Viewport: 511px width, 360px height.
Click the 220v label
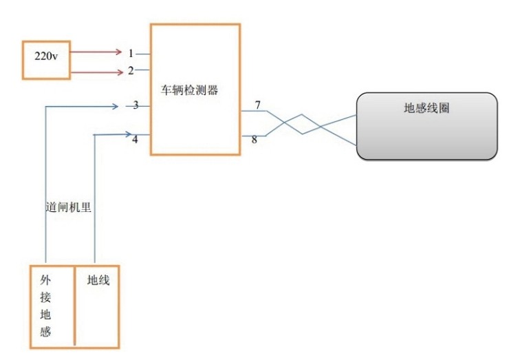(x=46, y=56)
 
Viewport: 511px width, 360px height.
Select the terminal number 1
(x=131, y=53)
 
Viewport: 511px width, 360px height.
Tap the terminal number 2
(x=131, y=70)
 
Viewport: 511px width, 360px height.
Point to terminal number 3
(x=136, y=105)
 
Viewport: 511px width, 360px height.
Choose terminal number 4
(x=135, y=139)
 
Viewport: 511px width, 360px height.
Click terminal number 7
(x=258, y=105)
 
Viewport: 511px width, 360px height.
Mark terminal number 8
(x=254, y=140)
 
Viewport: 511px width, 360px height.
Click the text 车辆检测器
(x=189, y=90)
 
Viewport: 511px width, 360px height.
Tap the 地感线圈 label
(x=426, y=108)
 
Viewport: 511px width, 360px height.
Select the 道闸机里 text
(x=68, y=207)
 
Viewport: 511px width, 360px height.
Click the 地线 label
(x=98, y=280)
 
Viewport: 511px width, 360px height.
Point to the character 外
(x=45, y=279)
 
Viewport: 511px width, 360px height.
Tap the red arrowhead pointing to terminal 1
(x=118, y=52)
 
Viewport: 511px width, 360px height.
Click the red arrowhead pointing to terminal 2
(x=120, y=72)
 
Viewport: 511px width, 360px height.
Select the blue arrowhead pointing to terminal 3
(x=115, y=106)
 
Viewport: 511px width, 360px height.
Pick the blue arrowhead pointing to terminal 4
(x=128, y=134)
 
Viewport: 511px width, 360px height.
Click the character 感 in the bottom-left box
(x=45, y=332)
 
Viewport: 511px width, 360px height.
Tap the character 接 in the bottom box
(x=45, y=297)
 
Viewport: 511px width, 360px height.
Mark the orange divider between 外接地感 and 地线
(x=74, y=306)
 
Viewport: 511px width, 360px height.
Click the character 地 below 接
(x=45, y=315)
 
